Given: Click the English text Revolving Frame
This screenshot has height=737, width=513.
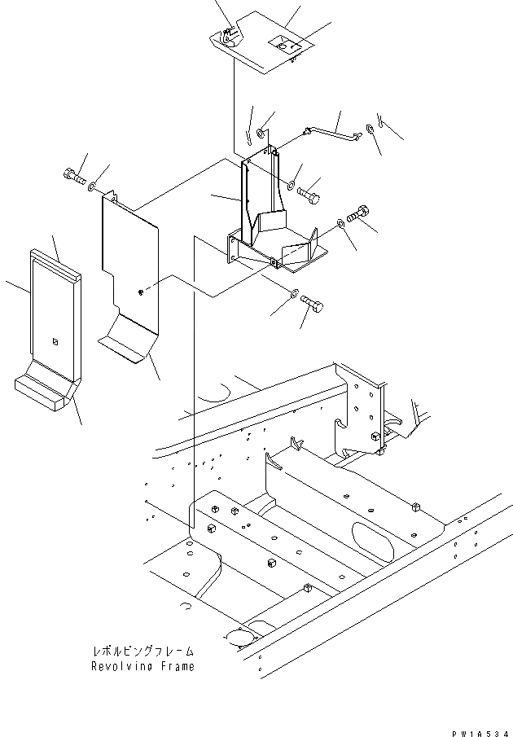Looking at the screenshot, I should click(143, 666).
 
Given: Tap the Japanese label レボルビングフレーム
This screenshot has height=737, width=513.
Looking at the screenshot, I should click(143, 651).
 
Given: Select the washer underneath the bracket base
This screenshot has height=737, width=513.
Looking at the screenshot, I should click(295, 293).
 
